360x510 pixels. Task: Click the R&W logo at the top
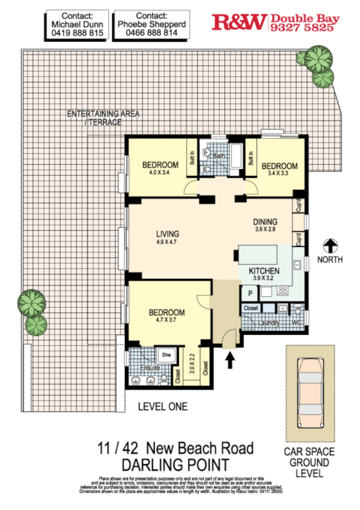click(239, 23)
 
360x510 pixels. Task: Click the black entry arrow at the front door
click(229, 360)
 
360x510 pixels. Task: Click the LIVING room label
click(168, 234)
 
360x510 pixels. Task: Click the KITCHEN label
click(265, 271)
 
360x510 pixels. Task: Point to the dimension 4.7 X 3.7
click(167, 322)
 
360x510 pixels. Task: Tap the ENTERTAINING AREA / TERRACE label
click(95, 117)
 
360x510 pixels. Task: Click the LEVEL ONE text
click(163, 406)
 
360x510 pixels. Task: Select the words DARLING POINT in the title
click(175, 465)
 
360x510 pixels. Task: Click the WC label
click(296, 323)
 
